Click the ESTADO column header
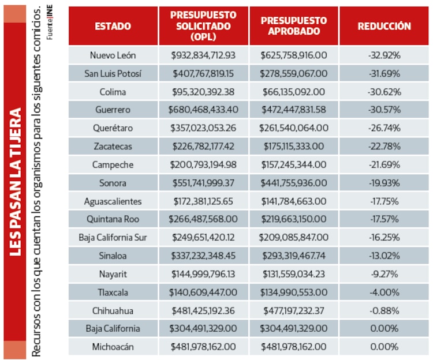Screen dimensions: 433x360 tap(113, 26)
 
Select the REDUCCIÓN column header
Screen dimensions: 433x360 tap(384, 26)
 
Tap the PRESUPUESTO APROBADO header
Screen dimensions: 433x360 tap(294, 25)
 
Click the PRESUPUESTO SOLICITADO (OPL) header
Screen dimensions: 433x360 tap(203, 25)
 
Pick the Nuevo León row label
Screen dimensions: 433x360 tap(113, 55)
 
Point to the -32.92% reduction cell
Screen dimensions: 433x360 tap(384, 55)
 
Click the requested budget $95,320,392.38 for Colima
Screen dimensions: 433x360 tap(203, 92)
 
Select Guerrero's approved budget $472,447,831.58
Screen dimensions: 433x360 tap(294, 110)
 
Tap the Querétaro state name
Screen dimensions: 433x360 tap(113, 128)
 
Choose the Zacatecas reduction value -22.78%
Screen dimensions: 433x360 tap(384, 146)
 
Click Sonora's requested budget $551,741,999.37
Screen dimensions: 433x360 tap(203, 183)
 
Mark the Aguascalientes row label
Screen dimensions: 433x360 tap(113, 201)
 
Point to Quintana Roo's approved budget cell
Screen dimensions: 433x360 tap(294, 219)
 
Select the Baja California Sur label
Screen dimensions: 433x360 tap(113, 237)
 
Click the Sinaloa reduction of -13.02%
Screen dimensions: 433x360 tap(384, 256)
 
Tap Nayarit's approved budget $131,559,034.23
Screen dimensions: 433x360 tap(294, 274)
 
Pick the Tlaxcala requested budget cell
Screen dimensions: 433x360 tap(203, 292)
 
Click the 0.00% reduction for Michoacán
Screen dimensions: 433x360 tap(384, 347)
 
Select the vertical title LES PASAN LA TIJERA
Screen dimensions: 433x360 tap(15, 182)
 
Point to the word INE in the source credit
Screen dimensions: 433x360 tap(50, 11)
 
